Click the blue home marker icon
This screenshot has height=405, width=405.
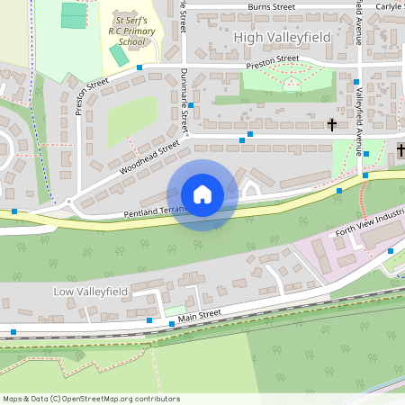tap(202, 194)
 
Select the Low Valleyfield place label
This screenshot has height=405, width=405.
tap(91, 292)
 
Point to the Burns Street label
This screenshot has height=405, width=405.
tap(271, 7)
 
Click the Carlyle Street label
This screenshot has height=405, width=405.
tap(389, 5)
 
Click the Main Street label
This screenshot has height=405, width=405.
tap(199, 314)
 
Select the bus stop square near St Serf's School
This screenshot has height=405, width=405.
tap(139, 67)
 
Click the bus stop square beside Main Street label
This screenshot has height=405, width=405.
tap(149, 319)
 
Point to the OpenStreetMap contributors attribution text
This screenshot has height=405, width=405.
tap(91, 398)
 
